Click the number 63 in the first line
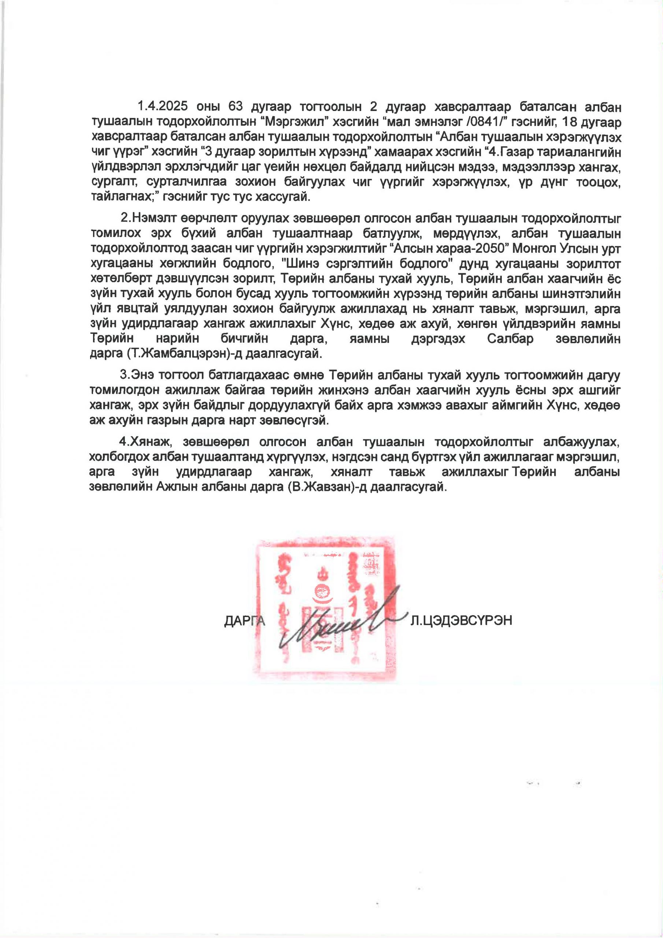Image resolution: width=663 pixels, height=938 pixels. click(236, 107)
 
